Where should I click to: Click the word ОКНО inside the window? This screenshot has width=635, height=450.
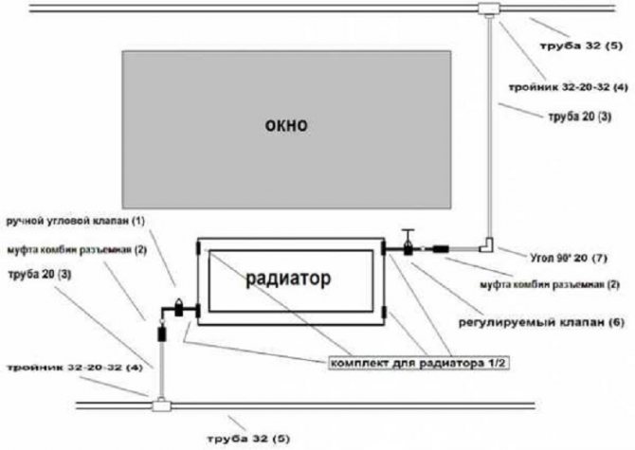point(288,125)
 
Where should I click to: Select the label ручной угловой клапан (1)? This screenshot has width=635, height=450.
point(77,221)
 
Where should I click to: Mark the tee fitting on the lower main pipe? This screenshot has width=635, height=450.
point(161,406)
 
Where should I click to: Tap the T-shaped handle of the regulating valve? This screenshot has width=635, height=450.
point(406,233)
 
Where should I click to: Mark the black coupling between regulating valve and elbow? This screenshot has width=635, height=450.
point(440,250)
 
